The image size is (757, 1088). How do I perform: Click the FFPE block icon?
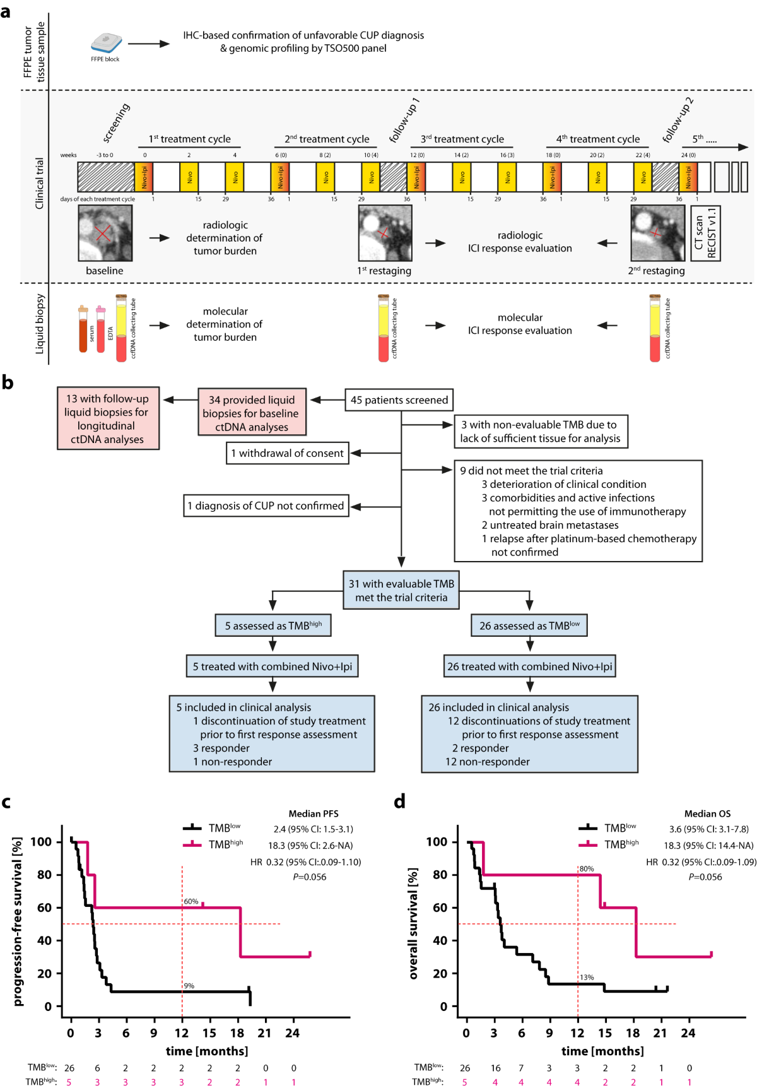(106, 43)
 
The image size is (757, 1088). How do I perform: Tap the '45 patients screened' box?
(399, 400)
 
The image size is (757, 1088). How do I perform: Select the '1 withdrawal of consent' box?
(287, 453)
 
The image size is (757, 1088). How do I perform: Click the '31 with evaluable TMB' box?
(401, 591)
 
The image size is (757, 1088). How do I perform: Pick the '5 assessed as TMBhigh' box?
(273, 625)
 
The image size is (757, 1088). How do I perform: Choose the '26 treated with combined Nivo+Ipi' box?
(529, 666)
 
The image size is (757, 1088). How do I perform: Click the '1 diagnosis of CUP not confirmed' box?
(266, 506)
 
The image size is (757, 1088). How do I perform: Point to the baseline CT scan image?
(105, 234)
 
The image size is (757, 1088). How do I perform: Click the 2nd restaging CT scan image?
(657, 234)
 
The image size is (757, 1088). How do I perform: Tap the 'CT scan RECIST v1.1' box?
(705, 234)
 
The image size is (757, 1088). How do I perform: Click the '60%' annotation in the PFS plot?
(191, 902)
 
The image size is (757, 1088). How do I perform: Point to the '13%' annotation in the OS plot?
(587, 978)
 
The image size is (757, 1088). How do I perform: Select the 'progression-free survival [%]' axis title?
(18, 921)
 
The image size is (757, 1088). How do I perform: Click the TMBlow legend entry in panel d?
(609, 828)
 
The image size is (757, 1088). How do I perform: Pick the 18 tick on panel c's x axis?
(237, 1033)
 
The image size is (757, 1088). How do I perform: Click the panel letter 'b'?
(8, 382)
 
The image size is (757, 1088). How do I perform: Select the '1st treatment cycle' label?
(189, 139)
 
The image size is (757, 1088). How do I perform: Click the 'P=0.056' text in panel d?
(705, 877)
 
